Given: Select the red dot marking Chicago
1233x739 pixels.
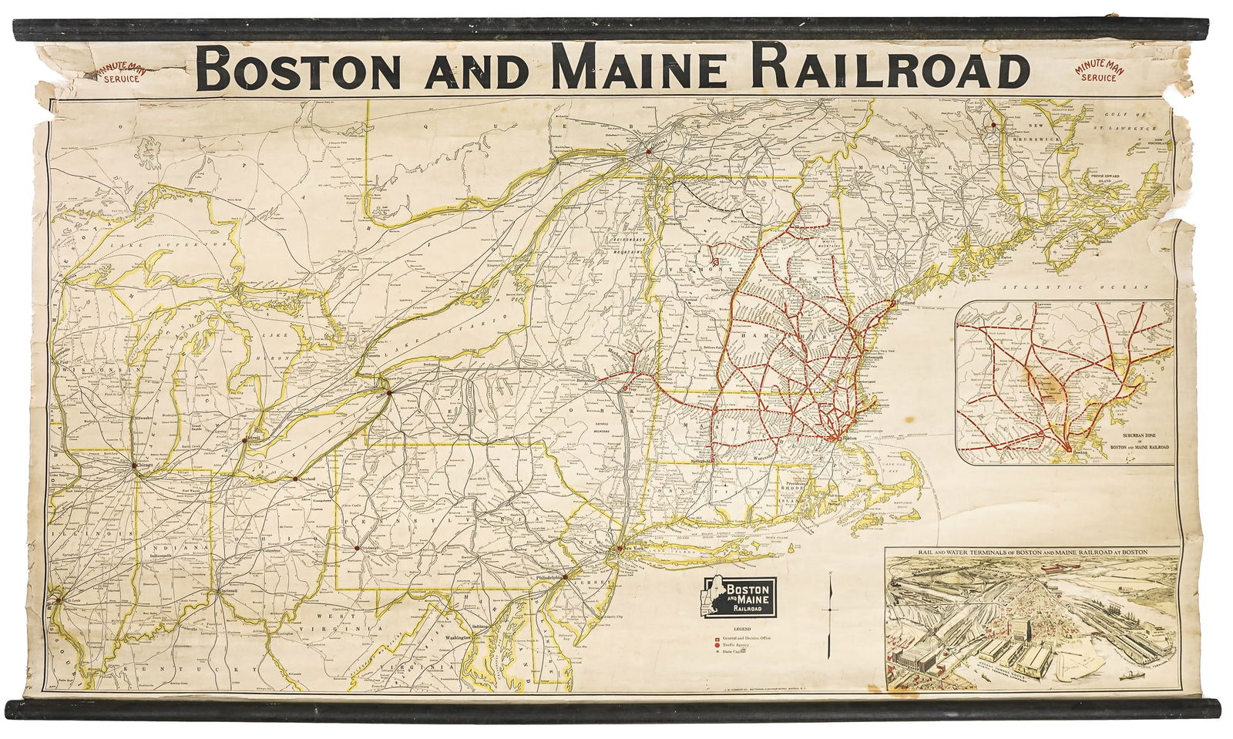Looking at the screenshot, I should tap(134, 466).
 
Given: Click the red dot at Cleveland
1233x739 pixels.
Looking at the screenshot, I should tap(295, 479).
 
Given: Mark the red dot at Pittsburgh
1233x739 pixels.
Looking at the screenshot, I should tap(358, 548).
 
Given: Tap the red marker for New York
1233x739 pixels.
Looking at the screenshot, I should tap(619, 549).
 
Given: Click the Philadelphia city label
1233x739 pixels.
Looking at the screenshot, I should tap(546, 577).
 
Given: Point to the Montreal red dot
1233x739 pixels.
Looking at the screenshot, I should tap(650, 151).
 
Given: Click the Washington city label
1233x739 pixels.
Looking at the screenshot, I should tap(459, 638).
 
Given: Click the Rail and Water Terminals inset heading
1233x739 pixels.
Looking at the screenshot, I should tap(1033, 552).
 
